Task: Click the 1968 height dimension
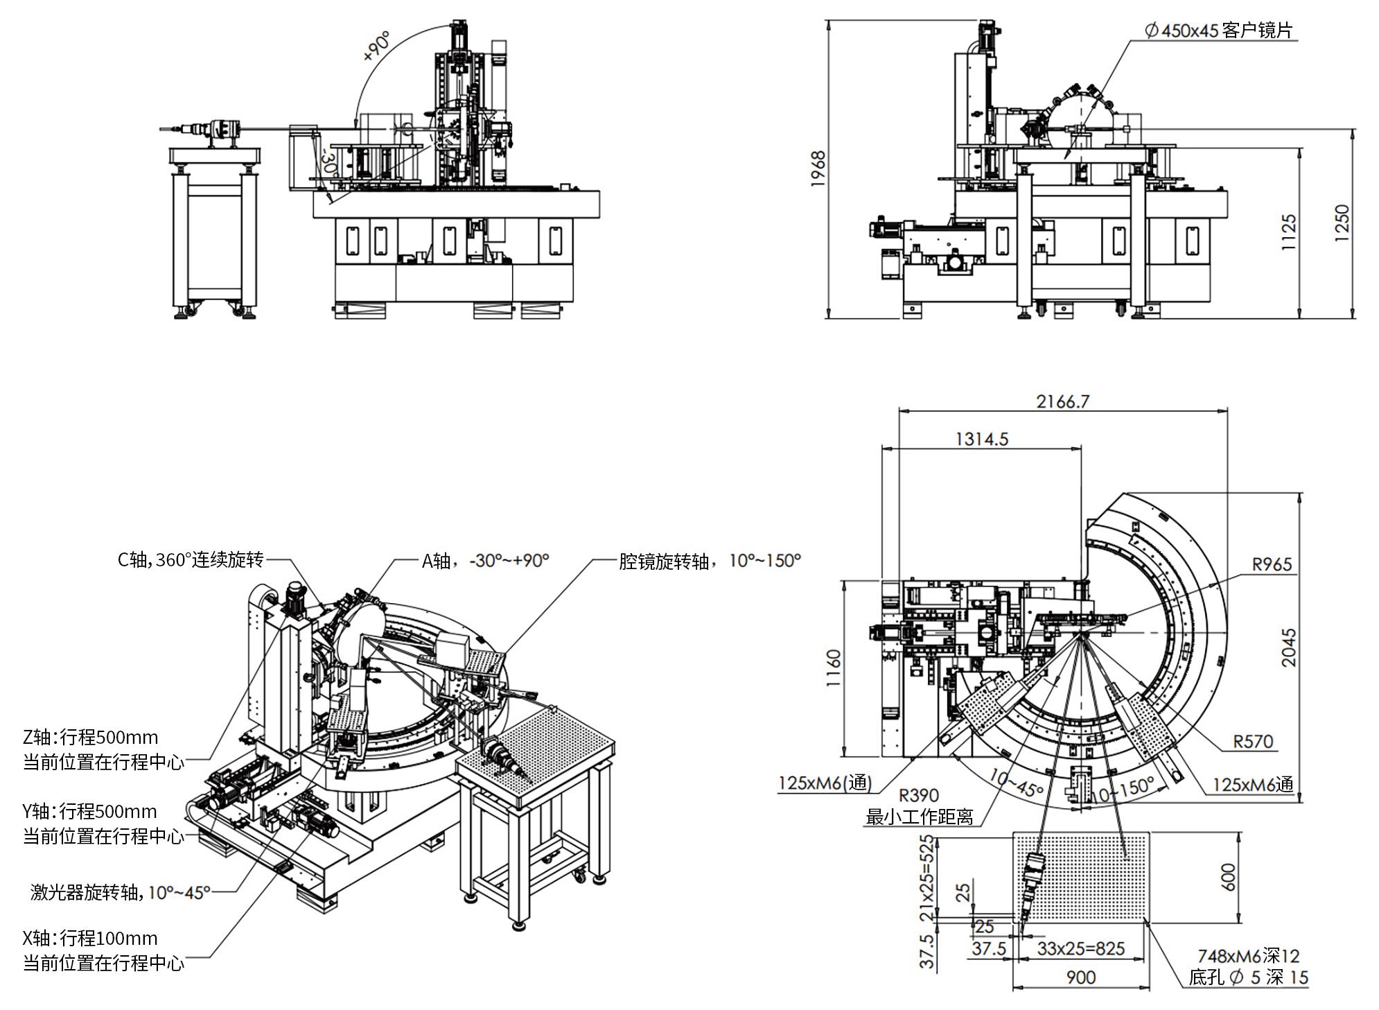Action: pos(818,168)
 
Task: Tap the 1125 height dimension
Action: pos(1288,232)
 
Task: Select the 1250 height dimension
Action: pos(1342,223)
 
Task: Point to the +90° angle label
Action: pos(377,47)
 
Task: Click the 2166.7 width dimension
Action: pos(1062,401)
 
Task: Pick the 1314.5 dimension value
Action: pos(982,439)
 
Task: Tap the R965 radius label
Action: pos(1272,564)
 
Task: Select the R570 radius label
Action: pos(1253,742)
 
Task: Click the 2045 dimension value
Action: pos(1288,647)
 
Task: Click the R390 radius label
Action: pos(919,795)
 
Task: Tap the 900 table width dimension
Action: pos(1080,977)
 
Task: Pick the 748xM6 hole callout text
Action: pos(1248,957)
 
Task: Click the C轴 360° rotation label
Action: pos(191,559)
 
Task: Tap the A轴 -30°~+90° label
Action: pos(485,560)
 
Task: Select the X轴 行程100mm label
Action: pos(90,939)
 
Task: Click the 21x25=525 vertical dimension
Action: pos(927,878)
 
